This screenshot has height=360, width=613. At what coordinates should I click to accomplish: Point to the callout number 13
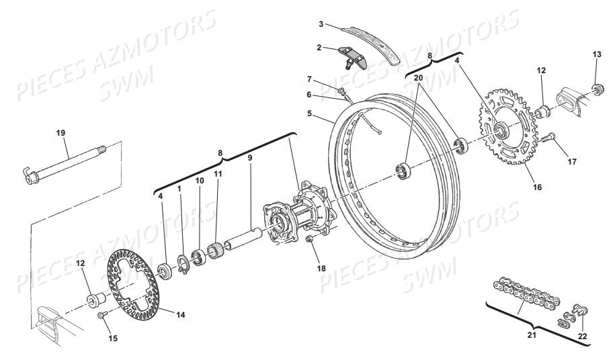tap(597, 54)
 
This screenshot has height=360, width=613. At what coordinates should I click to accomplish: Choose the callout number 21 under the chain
tap(532, 334)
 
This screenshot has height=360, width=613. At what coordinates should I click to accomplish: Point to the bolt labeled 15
tap(102, 314)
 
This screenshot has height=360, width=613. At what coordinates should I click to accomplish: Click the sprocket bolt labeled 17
tap(548, 138)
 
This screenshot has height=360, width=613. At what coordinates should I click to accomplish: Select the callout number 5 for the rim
tap(309, 114)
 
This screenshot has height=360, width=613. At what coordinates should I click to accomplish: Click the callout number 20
tap(418, 78)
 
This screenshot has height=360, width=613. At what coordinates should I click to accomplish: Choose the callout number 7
tap(309, 80)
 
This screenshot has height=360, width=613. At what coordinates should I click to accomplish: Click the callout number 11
tap(218, 174)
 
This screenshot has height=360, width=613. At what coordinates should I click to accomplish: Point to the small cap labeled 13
tap(597, 90)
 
